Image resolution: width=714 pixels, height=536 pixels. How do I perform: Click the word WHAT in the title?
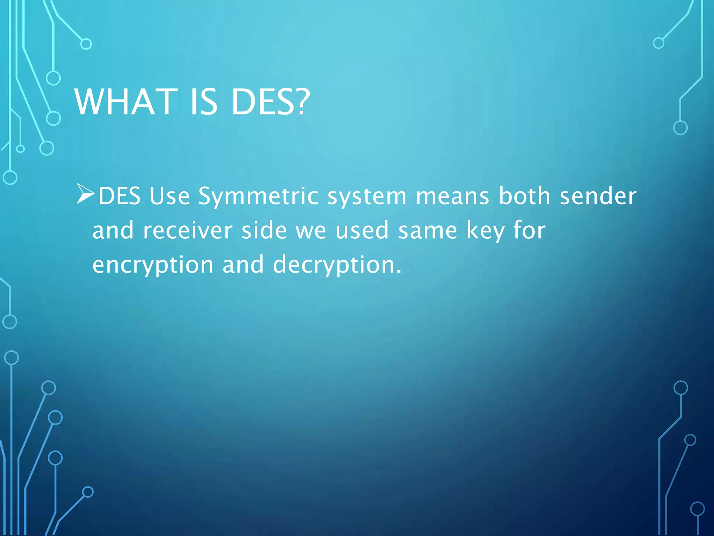coord(126,102)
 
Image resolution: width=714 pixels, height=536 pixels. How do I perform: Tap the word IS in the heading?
coord(204,102)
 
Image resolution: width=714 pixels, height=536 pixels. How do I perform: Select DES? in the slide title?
coord(270,102)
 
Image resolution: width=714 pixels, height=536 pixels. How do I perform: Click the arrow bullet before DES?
coord(85,194)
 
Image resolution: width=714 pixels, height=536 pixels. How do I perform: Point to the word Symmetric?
coord(258,196)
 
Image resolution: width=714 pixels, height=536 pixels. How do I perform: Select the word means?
coord(453,196)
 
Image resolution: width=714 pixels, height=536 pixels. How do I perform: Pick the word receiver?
coord(188,231)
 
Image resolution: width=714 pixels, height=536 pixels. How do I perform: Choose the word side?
coord(264,230)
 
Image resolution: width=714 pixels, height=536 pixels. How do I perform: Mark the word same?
coord(428,231)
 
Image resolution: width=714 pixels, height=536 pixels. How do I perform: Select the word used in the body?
coord(362,230)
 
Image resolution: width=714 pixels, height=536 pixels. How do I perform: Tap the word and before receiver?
coord(113,230)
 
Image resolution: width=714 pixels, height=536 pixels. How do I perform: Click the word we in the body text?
coord(311,231)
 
